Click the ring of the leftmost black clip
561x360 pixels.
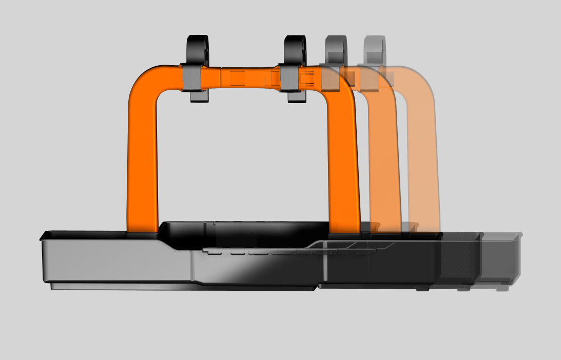point(197,49)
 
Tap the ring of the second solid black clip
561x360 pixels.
point(295,49)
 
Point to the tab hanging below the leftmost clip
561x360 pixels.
point(198,96)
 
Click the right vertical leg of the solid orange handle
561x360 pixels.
point(343,164)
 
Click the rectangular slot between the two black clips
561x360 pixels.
point(237,78)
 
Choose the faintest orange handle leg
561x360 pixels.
point(424,169)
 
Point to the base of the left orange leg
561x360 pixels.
point(143,228)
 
